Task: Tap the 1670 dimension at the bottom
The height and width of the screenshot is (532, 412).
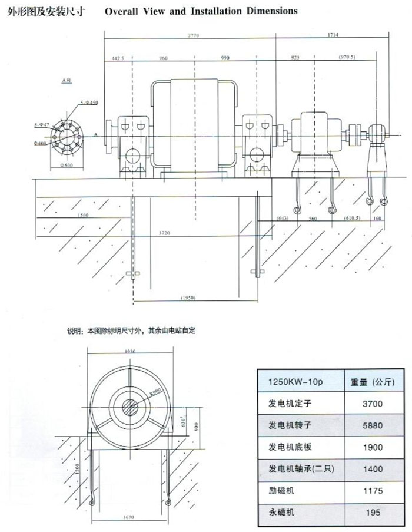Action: [129, 517]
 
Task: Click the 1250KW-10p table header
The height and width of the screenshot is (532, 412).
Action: [287, 382]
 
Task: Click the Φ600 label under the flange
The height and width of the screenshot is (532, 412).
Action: [66, 165]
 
